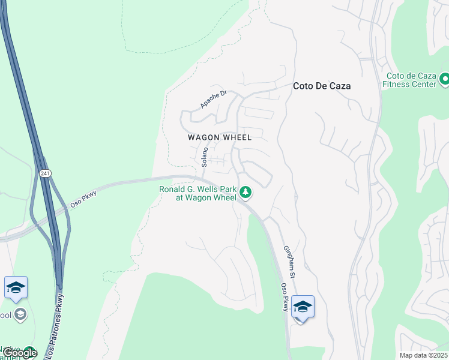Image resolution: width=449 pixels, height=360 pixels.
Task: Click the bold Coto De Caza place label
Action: pos(321,86)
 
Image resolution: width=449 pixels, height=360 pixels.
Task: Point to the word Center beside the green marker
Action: pos(424,85)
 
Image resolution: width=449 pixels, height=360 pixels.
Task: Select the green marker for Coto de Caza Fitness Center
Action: pos(445,79)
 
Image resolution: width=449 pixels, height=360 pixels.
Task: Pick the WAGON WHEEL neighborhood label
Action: pos(219,137)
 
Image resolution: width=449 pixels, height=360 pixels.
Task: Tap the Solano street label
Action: pos(205,157)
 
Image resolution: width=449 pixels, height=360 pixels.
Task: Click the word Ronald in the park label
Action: pos(173,190)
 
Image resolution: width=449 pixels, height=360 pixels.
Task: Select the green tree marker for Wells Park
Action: pos(245,192)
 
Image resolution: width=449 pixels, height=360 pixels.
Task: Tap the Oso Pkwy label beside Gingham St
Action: pos(283,298)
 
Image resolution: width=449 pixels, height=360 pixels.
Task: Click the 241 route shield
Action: pos(46,173)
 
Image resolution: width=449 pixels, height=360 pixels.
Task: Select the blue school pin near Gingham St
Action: pos(303,308)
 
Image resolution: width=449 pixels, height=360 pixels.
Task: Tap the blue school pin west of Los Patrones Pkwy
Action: pos(16,289)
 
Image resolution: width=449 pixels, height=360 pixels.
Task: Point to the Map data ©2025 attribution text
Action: pos(423,355)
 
